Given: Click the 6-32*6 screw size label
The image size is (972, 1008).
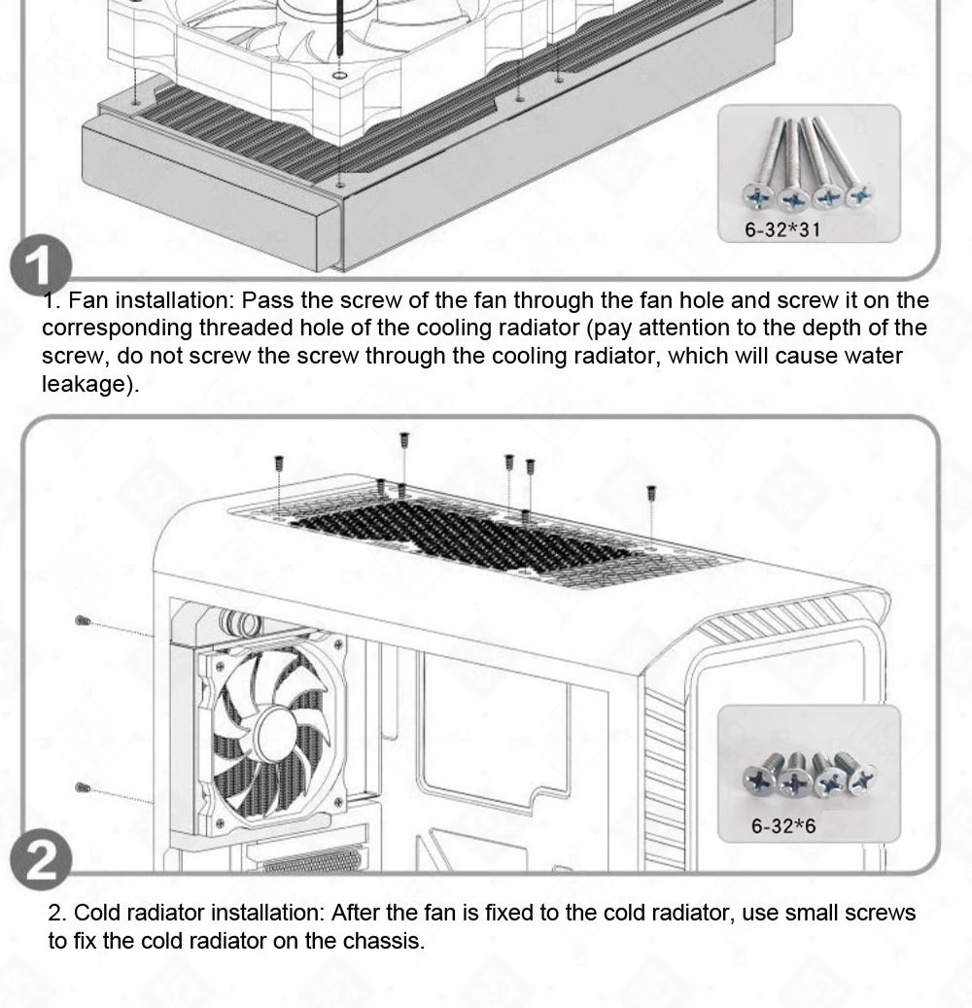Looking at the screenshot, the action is (783, 826).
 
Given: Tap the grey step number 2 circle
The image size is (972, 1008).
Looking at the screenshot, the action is (42, 860).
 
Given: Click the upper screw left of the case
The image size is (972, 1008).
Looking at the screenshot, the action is (81, 619).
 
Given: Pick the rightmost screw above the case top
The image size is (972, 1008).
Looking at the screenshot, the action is (651, 494).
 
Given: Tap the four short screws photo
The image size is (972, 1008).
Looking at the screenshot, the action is (809, 772).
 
